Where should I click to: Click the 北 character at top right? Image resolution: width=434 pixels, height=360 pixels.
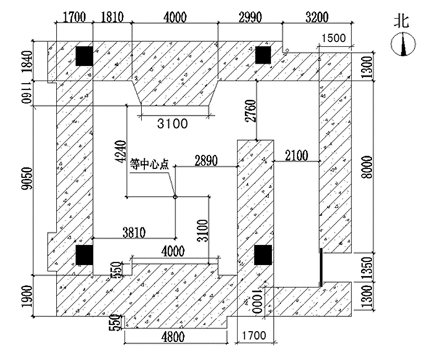pyautogui.click(x=402, y=20)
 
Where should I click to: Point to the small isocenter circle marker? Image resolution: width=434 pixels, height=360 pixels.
pyautogui.click(x=175, y=197)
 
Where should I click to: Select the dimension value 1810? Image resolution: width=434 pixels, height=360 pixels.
pyautogui.click(x=112, y=17)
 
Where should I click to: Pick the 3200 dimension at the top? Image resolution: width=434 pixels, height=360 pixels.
pyautogui.click(x=317, y=17)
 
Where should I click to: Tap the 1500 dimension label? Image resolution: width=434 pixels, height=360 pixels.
pyautogui.click(x=334, y=39)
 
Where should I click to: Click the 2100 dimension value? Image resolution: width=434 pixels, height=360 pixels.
pyautogui.click(x=296, y=159)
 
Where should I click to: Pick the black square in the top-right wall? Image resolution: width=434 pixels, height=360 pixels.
pyautogui.click(x=263, y=55)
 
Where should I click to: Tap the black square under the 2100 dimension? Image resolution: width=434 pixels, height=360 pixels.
pyautogui.click(x=263, y=254)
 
